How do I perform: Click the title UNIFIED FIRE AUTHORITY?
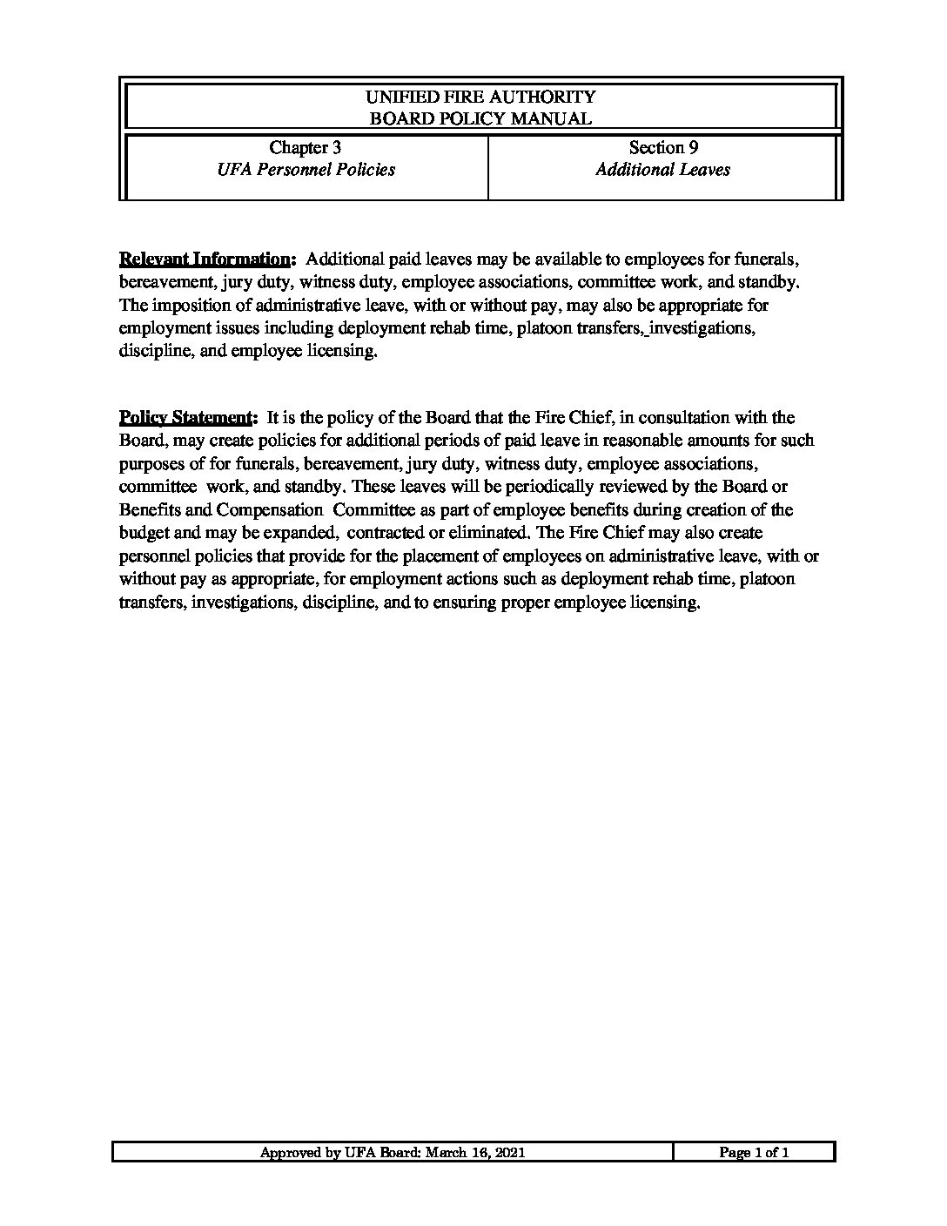[480, 97]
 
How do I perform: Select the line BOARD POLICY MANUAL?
[480, 118]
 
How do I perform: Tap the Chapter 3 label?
[305, 147]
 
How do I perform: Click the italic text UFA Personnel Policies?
[306, 170]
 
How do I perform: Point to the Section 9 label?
[663, 147]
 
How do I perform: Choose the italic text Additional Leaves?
[662, 170]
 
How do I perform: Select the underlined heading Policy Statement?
[188, 418]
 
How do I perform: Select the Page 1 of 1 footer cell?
[754, 1153]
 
